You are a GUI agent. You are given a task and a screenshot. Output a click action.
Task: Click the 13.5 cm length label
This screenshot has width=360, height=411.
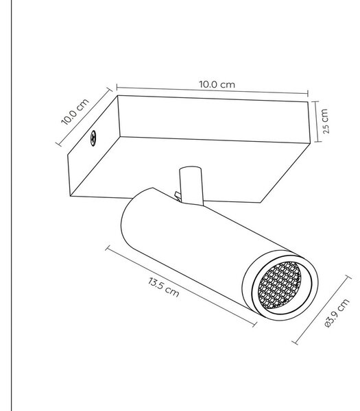click(163, 287)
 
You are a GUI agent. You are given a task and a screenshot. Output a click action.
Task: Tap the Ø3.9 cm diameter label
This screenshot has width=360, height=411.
click(337, 313)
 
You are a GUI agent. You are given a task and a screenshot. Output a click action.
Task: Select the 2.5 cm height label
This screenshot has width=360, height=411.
click(325, 121)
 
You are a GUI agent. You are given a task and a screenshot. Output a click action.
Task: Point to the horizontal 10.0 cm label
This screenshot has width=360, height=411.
click(217, 84)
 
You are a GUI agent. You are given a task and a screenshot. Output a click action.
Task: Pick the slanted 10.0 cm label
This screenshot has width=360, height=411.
click(75, 112)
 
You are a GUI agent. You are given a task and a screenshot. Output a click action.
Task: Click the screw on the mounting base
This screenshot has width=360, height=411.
click(93, 138)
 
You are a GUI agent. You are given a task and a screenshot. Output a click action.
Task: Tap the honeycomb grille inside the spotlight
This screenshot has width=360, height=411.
click(280, 285)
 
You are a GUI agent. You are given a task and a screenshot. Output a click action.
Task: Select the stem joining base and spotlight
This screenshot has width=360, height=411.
click(191, 185)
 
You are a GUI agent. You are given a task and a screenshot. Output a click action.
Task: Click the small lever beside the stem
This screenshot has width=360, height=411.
click(178, 197)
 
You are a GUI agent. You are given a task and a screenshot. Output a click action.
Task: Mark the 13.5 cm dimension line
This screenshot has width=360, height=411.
click(181, 286)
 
